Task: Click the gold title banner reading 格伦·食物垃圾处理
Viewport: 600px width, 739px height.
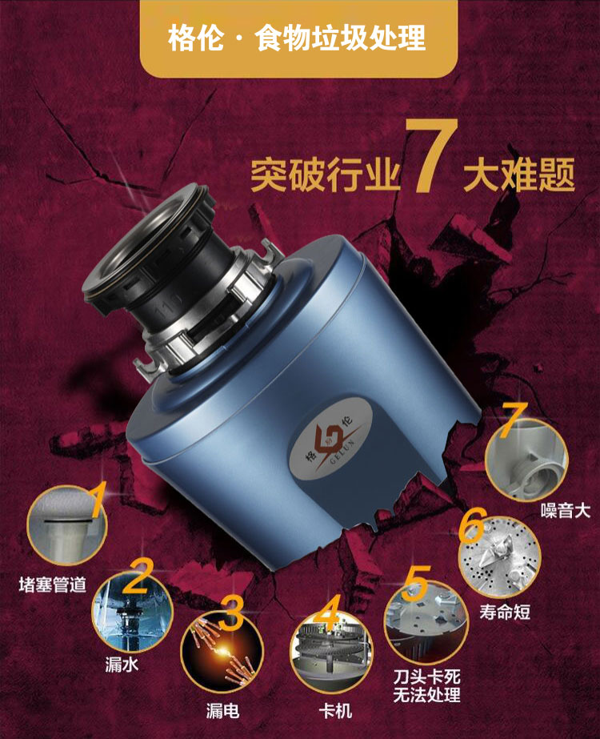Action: point(298,38)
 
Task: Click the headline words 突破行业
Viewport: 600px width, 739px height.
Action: point(325,175)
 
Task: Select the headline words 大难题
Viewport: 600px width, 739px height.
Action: point(519,174)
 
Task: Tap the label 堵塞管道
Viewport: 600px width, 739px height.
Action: point(53,585)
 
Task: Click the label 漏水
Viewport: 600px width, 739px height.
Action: point(122,664)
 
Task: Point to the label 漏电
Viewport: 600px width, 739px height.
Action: point(222,711)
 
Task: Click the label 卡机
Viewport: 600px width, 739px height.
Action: point(335,711)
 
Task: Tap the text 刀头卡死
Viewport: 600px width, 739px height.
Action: point(426,677)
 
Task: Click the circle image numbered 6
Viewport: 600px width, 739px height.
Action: point(500,557)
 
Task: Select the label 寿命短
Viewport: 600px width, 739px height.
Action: point(505,612)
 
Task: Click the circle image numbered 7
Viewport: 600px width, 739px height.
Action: point(526,459)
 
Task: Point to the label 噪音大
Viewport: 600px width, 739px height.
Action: point(565,511)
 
